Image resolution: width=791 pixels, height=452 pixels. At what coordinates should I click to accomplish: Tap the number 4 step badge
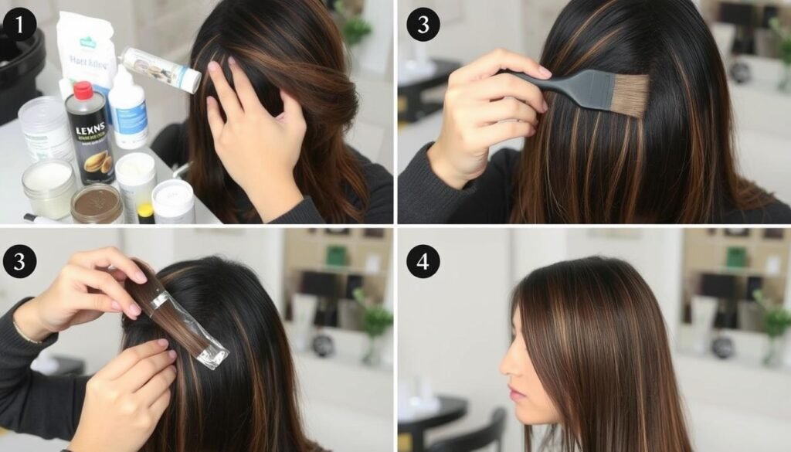click(x=423, y=261)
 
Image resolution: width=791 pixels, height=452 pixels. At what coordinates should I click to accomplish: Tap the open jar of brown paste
click(x=97, y=203)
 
